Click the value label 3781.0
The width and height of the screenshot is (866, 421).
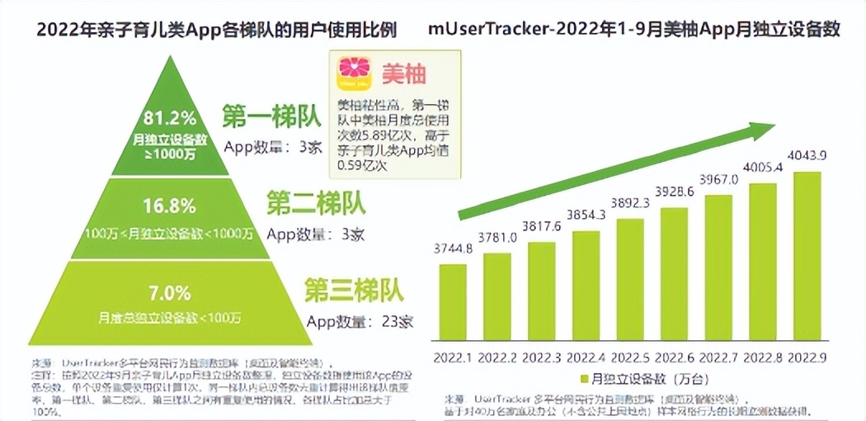pos(497,238)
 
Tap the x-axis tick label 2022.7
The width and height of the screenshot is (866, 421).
pos(718,357)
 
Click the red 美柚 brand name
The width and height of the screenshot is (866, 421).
pos(403,74)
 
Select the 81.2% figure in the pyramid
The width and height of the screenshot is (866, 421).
pos(169,116)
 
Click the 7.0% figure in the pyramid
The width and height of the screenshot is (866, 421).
pos(169,293)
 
